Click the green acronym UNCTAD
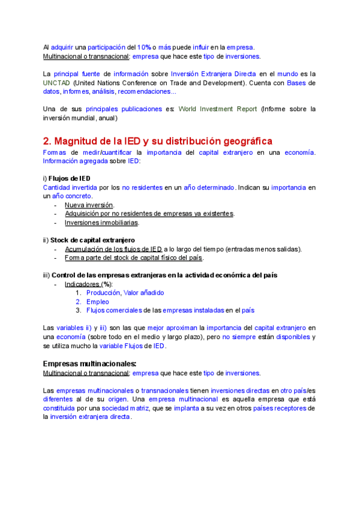pyautogui.click(x=56, y=82)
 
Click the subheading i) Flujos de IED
pyautogui.click(x=67, y=178)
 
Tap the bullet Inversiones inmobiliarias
pyautogui.click(x=102, y=223)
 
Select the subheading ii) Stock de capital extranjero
pyautogui.click(x=89, y=240)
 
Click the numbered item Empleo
pyautogui.click(x=97, y=301)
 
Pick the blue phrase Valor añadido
pyautogui.click(x=143, y=292)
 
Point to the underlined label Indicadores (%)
pyautogui.click(x=88, y=284)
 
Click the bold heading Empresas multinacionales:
pyautogui.click(x=90, y=364)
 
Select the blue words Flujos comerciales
pyautogui.click(x=115, y=310)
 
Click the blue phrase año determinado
pyautogui.click(x=209, y=187)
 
